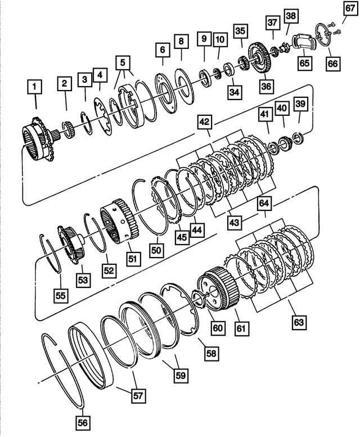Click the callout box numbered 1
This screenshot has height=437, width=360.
tap(35, 87)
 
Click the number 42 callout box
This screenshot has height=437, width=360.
tap(204, 122)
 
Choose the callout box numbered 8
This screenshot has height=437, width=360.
tap(181, 42)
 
